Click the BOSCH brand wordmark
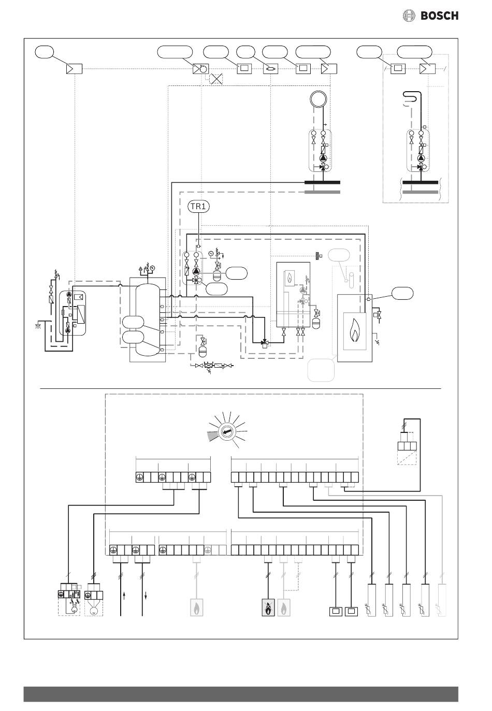(439, 16)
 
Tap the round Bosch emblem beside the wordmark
(409, 16)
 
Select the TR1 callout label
(198, 206)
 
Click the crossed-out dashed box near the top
(216, 78)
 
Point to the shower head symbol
(40, 326)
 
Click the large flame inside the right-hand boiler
(355, 332)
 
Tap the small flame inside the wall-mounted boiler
(290, 279)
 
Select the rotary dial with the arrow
(227, 432)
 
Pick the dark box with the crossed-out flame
(268, 607)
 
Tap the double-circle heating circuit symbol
(318, 99)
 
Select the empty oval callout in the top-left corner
(44, 51)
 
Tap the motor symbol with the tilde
(94, 611)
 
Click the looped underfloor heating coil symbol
(412, 97)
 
